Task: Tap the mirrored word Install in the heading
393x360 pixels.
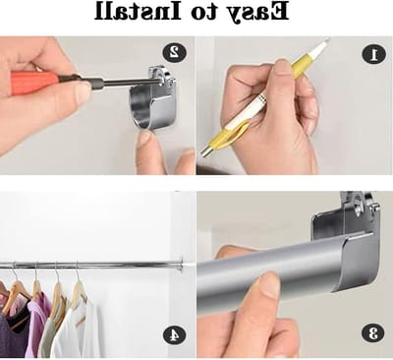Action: tap(138, 11)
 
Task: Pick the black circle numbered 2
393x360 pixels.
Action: tap(174, 52)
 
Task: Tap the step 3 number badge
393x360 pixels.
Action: tap(372, 333)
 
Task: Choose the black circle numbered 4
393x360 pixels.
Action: tap(174, 334)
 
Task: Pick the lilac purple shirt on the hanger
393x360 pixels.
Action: tap(38, 326)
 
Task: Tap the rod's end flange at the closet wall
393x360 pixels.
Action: tap(180, 265)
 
